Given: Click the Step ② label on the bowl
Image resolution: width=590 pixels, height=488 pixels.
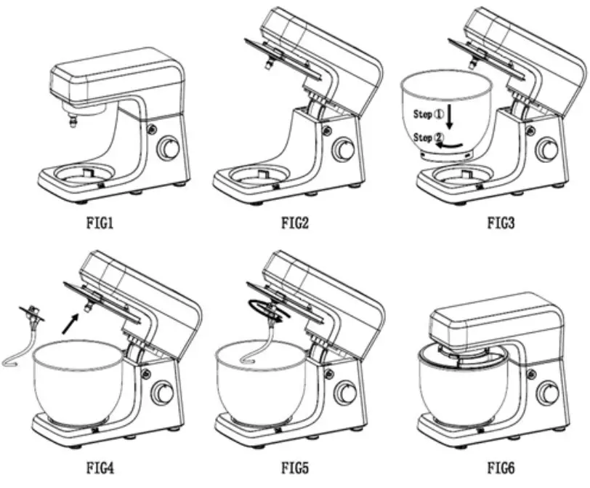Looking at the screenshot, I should click(x=428, y=137).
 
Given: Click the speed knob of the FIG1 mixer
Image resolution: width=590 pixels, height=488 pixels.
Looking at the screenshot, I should click(x=169, y=149).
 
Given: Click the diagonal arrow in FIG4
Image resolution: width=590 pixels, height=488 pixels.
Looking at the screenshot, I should click(x=69, y=322).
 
